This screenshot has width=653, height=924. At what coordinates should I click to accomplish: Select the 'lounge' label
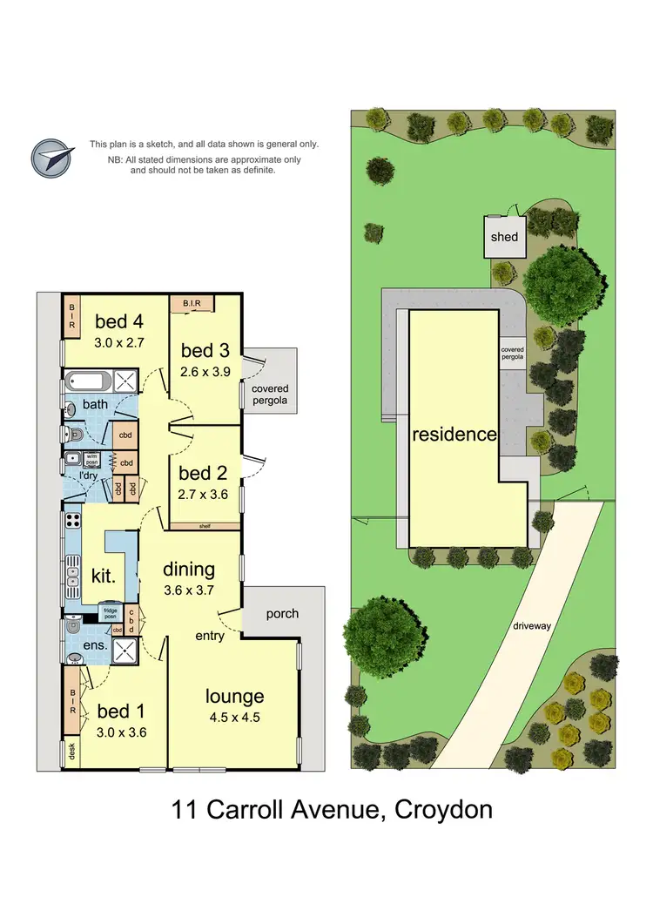tap(234, 696)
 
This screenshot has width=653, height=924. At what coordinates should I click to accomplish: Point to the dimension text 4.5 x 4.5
tap(234, 718)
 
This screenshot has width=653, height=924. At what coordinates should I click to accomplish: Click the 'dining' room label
tap(189, 570)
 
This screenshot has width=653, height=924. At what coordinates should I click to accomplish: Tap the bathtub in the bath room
tap(89, 381)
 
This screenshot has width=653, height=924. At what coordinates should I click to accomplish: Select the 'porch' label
tap(282, 614)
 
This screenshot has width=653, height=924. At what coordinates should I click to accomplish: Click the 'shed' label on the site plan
tap(503, 236)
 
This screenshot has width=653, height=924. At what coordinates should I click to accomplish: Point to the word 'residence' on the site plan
tap(454, 434)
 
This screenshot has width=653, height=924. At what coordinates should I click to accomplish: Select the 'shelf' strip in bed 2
tap(205, 526)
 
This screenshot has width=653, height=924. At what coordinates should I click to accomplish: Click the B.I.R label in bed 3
tap(192, 303)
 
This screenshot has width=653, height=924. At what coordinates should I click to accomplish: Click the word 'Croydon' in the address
tap(443, 810)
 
